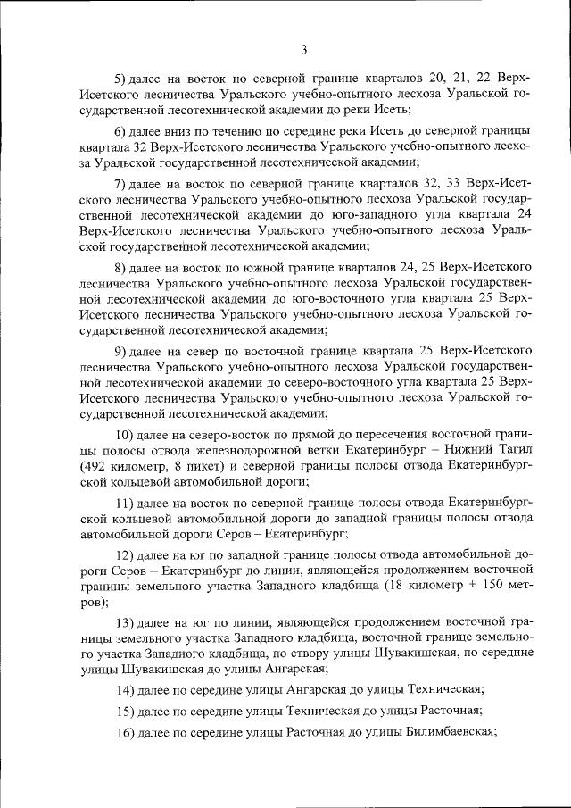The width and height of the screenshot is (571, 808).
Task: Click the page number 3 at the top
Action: pos(304,49)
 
